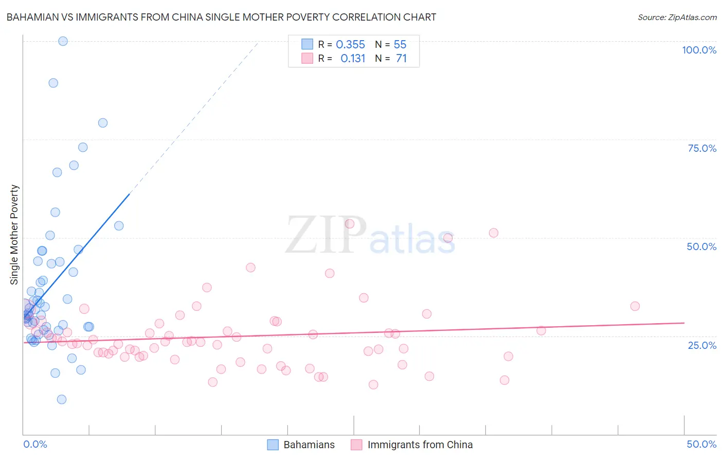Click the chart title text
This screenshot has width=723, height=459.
click(x=221, y=17)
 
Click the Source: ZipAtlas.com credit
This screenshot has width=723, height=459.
click(x=677, y=17)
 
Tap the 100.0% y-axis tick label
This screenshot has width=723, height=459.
click(x=699, y=50)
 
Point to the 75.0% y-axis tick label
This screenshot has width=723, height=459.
click(x=702, y=148)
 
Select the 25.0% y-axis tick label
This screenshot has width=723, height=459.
click(x=702, y=345)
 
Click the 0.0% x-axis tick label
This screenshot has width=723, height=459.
click(x=35, y=444)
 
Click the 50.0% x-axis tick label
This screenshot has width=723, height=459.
click(x=701, y=444)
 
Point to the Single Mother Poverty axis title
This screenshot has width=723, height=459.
click(x=14, y=235)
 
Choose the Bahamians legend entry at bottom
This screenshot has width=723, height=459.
click(x=301, y=445)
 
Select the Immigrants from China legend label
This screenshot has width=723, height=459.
click(x=420, y=445)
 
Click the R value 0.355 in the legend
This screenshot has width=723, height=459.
click(x=350, y=45)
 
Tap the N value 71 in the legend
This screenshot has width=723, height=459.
click(x=401, y=59)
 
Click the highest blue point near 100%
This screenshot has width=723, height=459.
click(x=63, y=41)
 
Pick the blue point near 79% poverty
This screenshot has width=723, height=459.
click(x=103, y=123)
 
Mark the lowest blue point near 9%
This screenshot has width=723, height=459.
click(x=62, y=399)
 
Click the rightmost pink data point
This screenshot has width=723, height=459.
click(x=635, y=306)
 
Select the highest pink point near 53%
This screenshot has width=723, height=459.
click(x=350, y=224)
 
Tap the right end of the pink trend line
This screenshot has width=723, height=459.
click(x=684, y=323)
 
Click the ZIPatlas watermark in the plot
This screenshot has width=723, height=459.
click(x=370, y=236)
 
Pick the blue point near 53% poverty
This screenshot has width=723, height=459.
click(x=119, y=226)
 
